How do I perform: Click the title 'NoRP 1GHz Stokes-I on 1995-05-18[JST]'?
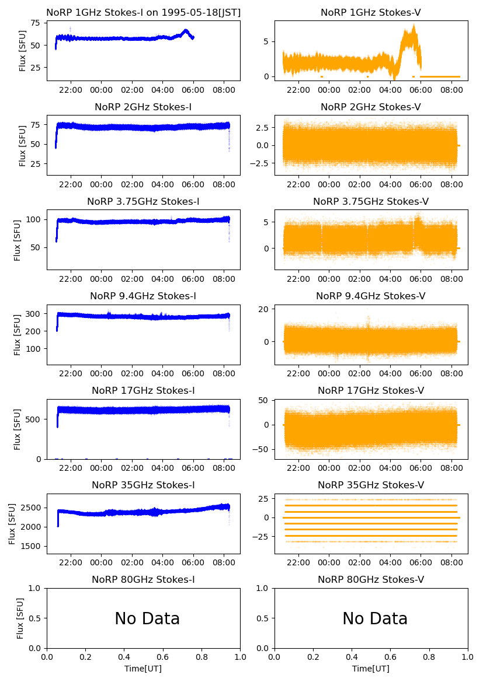coord(143,12)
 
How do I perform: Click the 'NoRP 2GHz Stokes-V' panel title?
coord(371,107)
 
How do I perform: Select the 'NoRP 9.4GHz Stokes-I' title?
coord(143,296)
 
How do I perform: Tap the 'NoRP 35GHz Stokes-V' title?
coord(371,485)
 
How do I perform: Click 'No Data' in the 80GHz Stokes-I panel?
coord(147,618)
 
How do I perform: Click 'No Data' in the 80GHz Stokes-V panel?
coord(375,618)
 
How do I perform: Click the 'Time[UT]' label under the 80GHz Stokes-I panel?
coord(143,669)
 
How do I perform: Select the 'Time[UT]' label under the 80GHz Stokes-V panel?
coord(371,669)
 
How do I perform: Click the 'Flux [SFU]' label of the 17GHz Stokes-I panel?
coord(18,429)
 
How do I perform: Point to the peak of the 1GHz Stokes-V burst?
coord(413,25)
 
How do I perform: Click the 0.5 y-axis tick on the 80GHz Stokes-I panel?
coord(36,618)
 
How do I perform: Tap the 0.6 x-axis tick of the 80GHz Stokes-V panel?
coord(391,657)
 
